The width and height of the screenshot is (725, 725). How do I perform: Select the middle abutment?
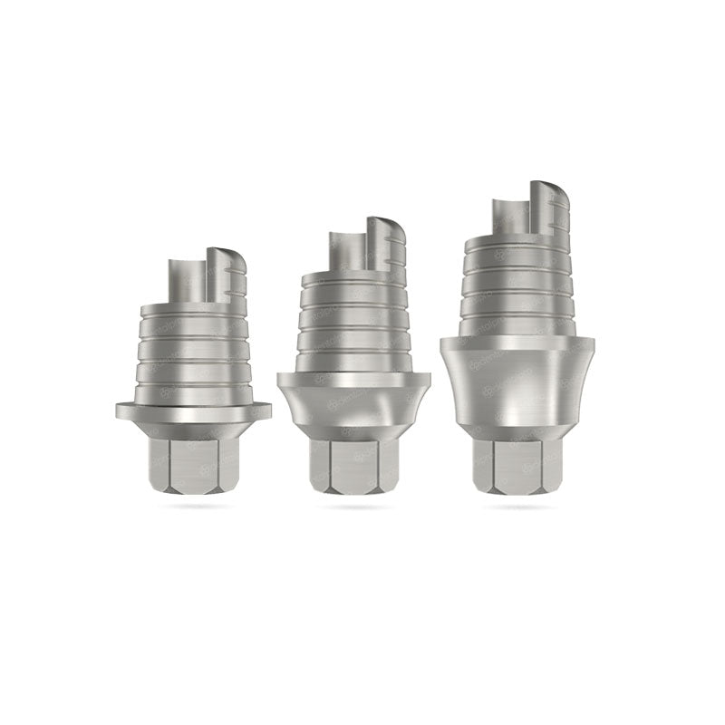click(x=354, y=362)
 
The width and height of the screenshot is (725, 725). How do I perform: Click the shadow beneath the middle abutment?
click(x=354, y=506)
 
